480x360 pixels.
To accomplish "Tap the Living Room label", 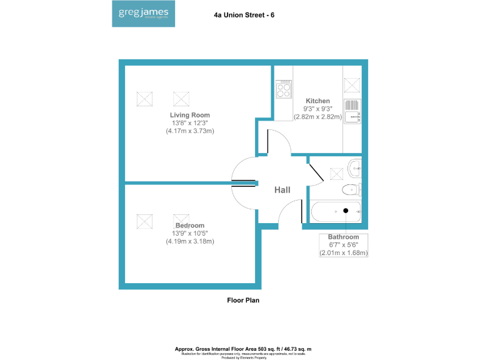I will pos(190,115).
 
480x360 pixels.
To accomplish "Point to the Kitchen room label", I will pos(317,101).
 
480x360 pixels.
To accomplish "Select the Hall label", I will pos(282,190).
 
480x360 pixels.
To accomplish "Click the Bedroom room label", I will pos(189,226).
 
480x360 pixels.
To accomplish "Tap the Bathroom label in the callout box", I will pos(344,237).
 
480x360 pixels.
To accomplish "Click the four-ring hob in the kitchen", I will pos(283,89).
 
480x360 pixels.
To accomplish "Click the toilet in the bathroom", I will pos(351,189).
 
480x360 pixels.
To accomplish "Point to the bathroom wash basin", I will pos(355,167).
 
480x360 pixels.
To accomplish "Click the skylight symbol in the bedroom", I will pos(144,221).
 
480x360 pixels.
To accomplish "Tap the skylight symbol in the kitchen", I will pos(352,85).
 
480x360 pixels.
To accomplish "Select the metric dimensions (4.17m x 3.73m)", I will pos(190,131).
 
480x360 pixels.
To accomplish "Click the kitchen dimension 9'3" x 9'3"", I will pos(317,109).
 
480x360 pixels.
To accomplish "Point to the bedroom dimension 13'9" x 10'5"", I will pos(189,233).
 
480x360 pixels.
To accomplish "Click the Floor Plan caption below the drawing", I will pos(242,301).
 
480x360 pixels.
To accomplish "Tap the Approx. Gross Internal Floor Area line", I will pos(243,348).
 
